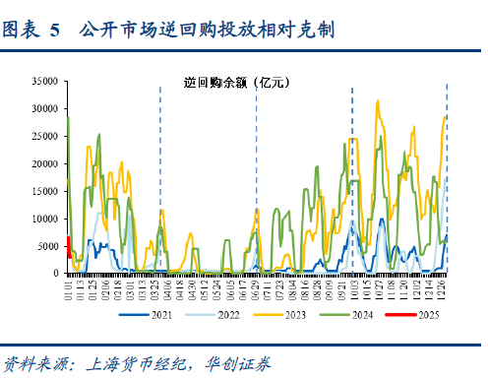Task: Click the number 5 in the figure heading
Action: pyautogui.click(x=53, y=31)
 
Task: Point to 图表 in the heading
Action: pyautogui.click(x=22, y=31)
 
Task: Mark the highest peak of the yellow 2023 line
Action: pyautogui.click(x=378, y=100)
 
